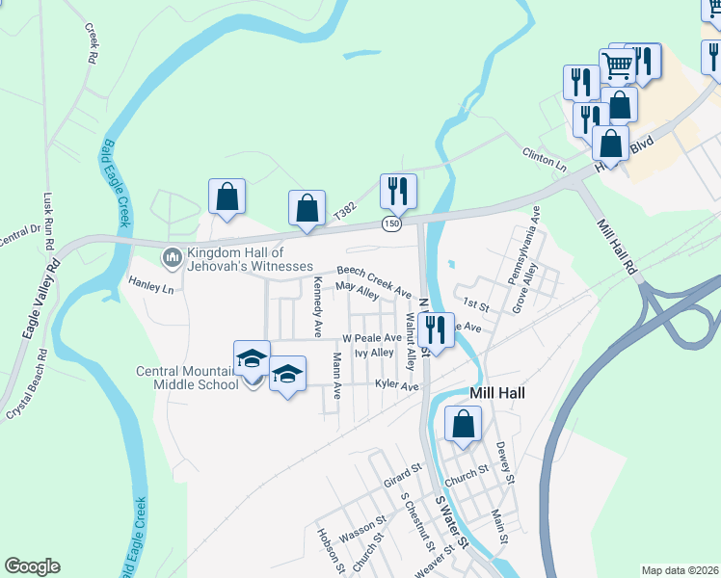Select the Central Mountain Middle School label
187,378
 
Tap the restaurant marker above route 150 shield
398,192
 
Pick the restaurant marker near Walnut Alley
437,331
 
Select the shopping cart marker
618,66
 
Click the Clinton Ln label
545,157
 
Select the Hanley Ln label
151,285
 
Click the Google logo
32,566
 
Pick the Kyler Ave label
397,386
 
